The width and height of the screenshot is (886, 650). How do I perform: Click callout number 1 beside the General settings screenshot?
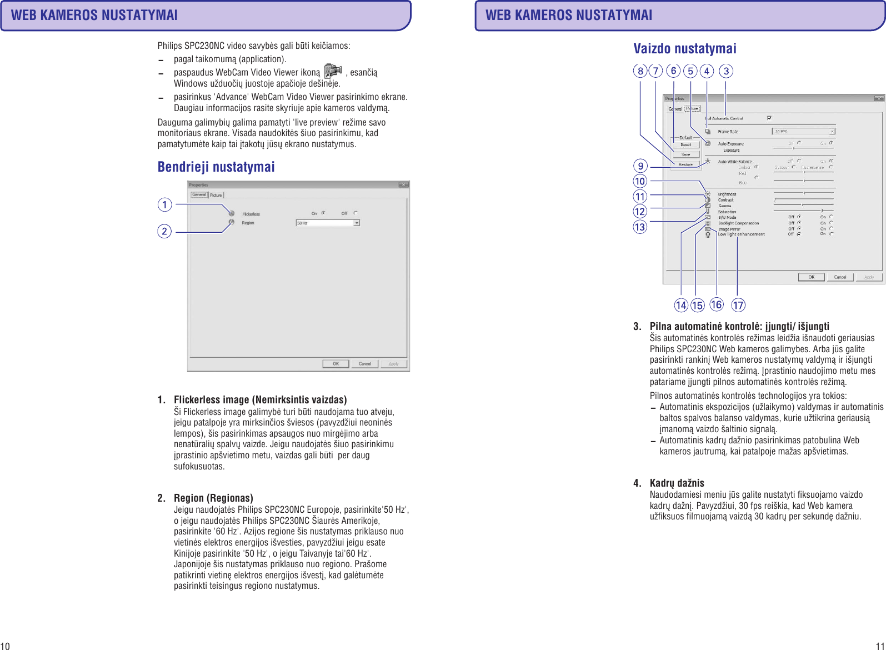pos(164,204)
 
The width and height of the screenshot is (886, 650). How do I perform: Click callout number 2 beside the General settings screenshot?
pos(164,231)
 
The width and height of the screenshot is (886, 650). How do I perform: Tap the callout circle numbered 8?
pos(640,71)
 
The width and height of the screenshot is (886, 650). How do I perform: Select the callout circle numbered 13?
pos(640,227)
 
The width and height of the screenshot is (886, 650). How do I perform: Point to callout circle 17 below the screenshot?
pos(738,305)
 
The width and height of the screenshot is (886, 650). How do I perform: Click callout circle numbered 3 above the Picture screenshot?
pos(725,71)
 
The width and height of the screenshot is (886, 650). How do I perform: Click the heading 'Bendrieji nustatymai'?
pos(216,167)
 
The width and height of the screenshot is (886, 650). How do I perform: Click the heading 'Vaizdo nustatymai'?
pos(684,48)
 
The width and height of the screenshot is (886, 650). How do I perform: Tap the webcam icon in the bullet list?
pos(333,71)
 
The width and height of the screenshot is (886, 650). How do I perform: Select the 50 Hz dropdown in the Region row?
pos(328,223)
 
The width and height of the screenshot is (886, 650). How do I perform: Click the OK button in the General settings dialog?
pos(336,364)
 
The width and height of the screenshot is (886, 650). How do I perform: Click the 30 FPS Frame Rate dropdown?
pos(804,132)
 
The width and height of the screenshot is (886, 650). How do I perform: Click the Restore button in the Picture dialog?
pos(685,164)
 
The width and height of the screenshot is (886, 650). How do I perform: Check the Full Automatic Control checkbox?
pos(769,118)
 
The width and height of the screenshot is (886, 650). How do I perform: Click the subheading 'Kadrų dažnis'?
pos(677,483)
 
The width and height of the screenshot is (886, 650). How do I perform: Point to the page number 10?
pos(5,646)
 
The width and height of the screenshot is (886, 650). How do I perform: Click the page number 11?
pos(880,646)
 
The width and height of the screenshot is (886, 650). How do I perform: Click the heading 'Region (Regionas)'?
pos(213,498)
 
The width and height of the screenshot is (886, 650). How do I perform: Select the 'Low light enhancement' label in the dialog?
pos(741,234)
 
